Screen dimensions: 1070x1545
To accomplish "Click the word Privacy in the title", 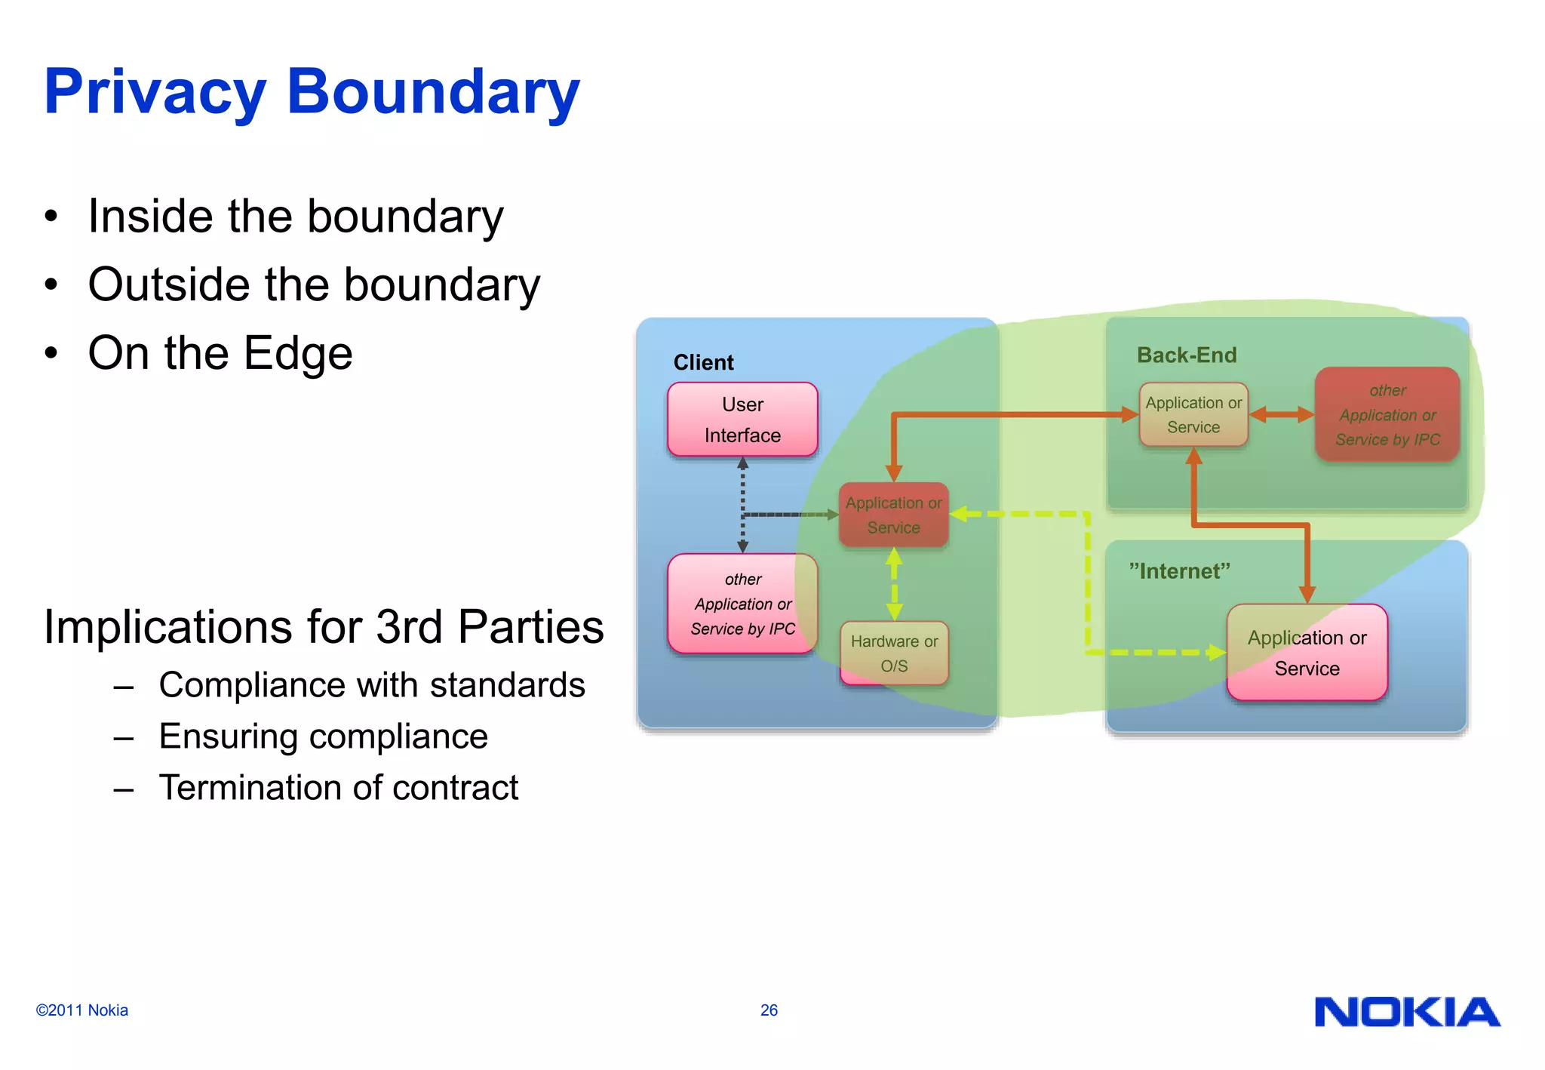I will click(x=155, y=92).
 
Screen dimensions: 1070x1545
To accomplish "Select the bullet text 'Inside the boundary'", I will click(x=295, y=217).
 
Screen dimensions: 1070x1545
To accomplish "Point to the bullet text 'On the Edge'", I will click(x=220, y=353).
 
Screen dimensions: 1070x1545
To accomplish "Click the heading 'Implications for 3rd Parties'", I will click(x=324, y=626).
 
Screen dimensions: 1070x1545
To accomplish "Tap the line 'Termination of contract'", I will click(x=338, y=787).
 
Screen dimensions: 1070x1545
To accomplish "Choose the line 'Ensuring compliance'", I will click(x=323, y=736).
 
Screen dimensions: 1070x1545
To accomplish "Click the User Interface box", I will click(x=742, y=420).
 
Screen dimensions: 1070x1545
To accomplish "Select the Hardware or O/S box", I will click(x=894, y=653).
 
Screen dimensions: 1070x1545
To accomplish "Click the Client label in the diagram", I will click(x=703, y=363).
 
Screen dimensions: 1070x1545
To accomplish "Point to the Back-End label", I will click(x=1187, y=355).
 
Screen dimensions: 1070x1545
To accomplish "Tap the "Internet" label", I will click(x=1179, y=571).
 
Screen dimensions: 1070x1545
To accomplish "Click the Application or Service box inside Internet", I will click(x=1307, y=653).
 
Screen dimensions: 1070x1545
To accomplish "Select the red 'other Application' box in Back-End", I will click(x=1387, y=415).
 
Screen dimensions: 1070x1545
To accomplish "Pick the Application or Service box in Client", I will click(x=893, y=515).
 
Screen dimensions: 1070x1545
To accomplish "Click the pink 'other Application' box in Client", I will click(x=742, y=604).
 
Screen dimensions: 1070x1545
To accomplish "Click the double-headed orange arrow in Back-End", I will click(x=1281, y=414).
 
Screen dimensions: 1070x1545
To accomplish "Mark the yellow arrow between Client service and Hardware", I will click(x=894, y=584).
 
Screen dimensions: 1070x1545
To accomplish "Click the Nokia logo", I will click(x=1407, y=1012).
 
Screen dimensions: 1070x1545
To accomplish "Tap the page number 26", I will click(x=769, y=1010).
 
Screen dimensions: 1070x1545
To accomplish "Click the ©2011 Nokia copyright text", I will click(x=81, y=1010).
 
